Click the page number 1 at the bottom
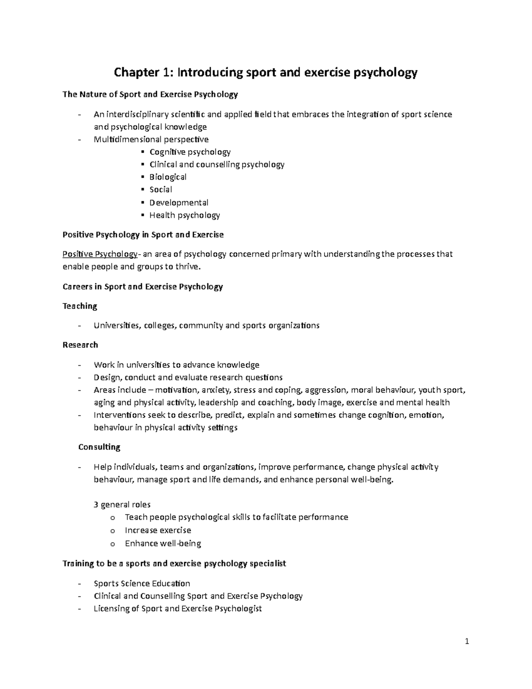[467, 641]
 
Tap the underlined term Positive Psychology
[100, 254]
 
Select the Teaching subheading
[80, 306]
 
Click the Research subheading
[80, 345]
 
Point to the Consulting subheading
[99, 447]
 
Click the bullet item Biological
[168, 177]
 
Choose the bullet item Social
[161, 189]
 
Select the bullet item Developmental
[179, 202]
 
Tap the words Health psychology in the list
[184, 215]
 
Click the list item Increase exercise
[158, 530]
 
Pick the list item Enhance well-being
[163, 543]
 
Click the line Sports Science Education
[142, 583]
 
